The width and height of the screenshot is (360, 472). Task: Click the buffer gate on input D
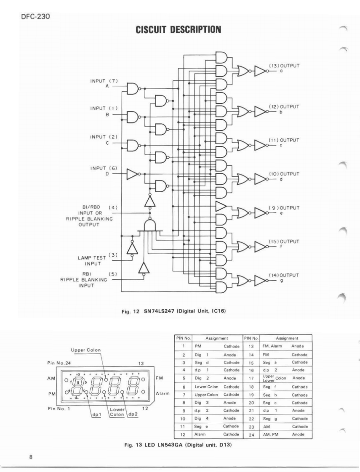point(134,174)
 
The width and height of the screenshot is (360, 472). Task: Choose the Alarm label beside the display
point(162,394)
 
